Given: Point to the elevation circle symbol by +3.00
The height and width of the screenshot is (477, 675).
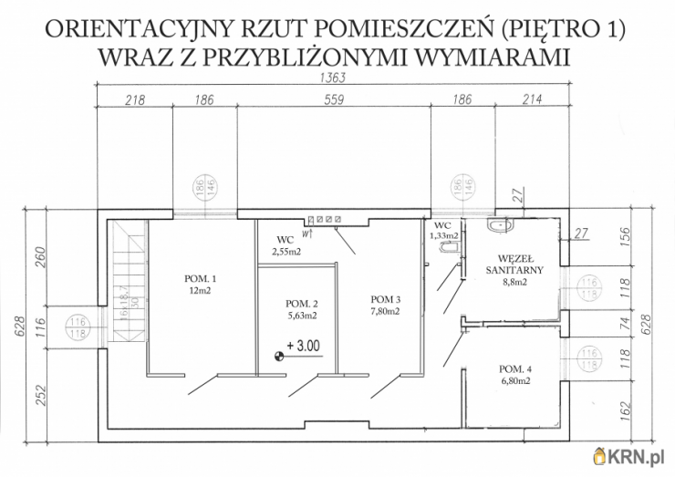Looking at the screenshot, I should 279,357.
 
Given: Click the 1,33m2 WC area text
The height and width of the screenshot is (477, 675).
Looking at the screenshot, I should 443,235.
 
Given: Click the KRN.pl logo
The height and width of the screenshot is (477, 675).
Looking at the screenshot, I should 631,456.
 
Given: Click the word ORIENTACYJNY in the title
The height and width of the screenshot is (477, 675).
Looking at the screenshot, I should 130,30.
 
